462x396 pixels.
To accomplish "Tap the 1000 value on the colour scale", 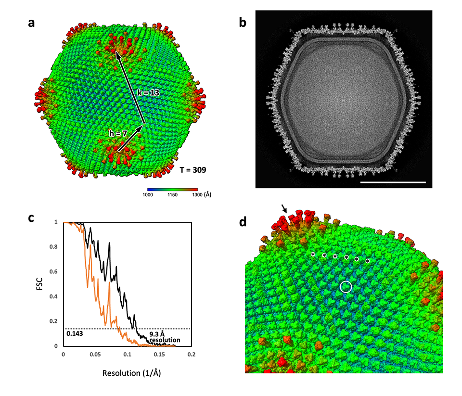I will (x=147, y=195).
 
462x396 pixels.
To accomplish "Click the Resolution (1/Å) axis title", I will (x=128, y=373).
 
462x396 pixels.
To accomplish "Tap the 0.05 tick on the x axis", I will (x=95, y=355).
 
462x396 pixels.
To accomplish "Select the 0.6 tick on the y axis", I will (x=56, y=272).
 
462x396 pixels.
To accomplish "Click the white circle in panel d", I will (x=346, y=287).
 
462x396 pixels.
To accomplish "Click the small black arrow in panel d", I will (x=285, y=208).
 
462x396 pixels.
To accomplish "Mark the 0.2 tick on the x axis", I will (x=192, y=355).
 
